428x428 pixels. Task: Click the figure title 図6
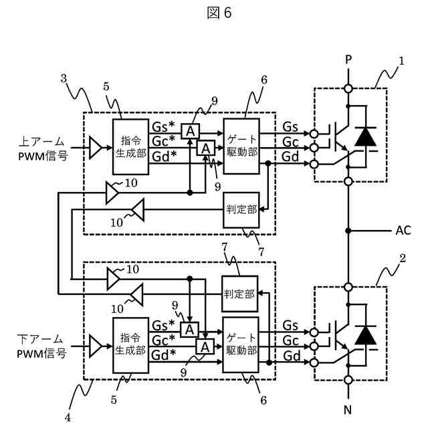tap(219, 13)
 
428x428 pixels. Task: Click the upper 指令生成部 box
tap(131, 147)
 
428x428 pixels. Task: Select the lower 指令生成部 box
tap(131, 345)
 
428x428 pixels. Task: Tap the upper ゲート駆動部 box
tap(241, 146)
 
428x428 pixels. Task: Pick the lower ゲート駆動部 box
tap(241, 345)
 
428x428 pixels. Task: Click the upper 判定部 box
tap(241, 210)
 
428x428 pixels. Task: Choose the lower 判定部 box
tap(240, 294)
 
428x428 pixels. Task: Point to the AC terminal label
tap(403, 231)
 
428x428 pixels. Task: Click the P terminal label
tap(348, 60)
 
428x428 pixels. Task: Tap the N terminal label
tap(348, 410)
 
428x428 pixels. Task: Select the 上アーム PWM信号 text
tap(43, 149)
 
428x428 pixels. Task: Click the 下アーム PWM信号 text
tap(41, 346)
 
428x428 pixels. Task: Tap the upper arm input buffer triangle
tap(95, 148)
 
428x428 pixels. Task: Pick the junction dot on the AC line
tap(348, 231)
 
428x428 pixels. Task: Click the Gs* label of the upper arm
tap(163, 127)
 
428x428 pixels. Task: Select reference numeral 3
tap(64, 79)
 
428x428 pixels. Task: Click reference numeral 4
tap(68, 417)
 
